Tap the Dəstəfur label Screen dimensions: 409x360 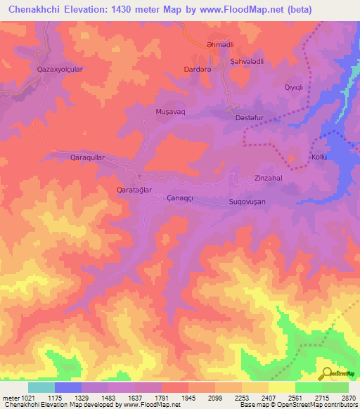pos(250,119)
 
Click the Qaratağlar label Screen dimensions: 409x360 pos(134,190)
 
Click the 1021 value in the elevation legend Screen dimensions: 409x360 pos(22,398)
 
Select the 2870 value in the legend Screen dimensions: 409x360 pos(349,398)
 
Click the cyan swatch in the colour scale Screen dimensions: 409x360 pos(41,387)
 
